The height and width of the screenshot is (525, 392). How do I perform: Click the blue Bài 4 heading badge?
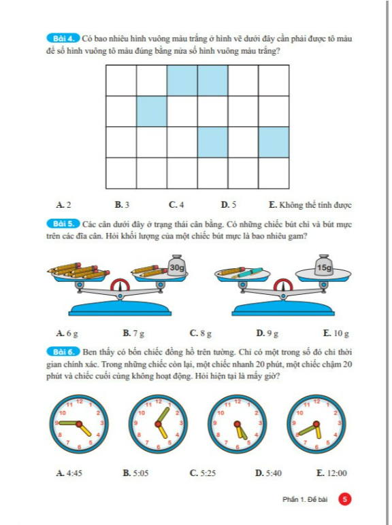click(63, 38)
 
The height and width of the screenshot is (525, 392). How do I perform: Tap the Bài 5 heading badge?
click(63, 223)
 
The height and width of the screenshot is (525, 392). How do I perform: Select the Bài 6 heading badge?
click(63, 352)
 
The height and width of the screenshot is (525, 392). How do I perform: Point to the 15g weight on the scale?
click(324, 266)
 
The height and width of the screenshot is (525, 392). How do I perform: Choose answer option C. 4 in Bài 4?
click(176, 204)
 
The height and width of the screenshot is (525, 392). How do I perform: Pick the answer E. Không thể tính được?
click(310, 204)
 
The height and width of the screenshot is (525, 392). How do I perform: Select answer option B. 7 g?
click(133, 333)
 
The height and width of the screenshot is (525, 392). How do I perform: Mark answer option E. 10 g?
click(336, 333)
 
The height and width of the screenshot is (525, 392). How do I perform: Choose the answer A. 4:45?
click(69, 473)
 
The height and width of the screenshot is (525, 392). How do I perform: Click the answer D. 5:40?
click(268, 473)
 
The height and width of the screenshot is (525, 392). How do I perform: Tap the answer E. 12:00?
click(331, 473)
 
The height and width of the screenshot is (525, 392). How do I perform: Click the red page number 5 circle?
click(344, 500)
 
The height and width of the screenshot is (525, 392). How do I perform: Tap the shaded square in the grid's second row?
click(152, 111)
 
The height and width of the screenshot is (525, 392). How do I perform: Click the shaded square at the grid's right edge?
click(274, 143)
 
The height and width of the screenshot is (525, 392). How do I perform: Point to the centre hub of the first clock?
click(79, 424)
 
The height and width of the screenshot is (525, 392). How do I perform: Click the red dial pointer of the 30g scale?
click(120, 285)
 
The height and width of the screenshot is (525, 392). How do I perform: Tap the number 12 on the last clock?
click(316, 401)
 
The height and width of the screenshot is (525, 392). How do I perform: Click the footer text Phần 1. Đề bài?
click(305, 500)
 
